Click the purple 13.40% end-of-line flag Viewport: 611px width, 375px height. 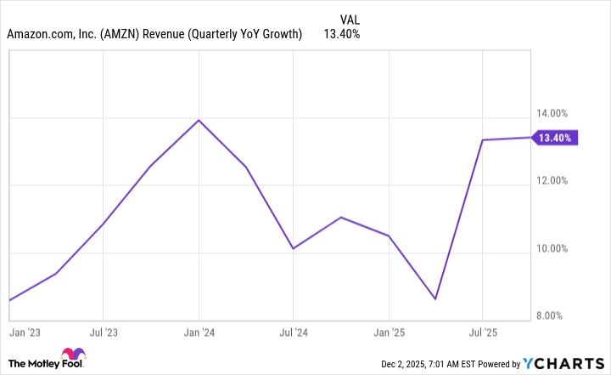click(x=557, y=138)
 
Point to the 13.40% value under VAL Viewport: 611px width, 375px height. click(x=342, y=35)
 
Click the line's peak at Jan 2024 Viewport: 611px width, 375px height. click(x=199, y=120)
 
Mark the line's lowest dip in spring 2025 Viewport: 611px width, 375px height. click(x=435, y=299)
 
